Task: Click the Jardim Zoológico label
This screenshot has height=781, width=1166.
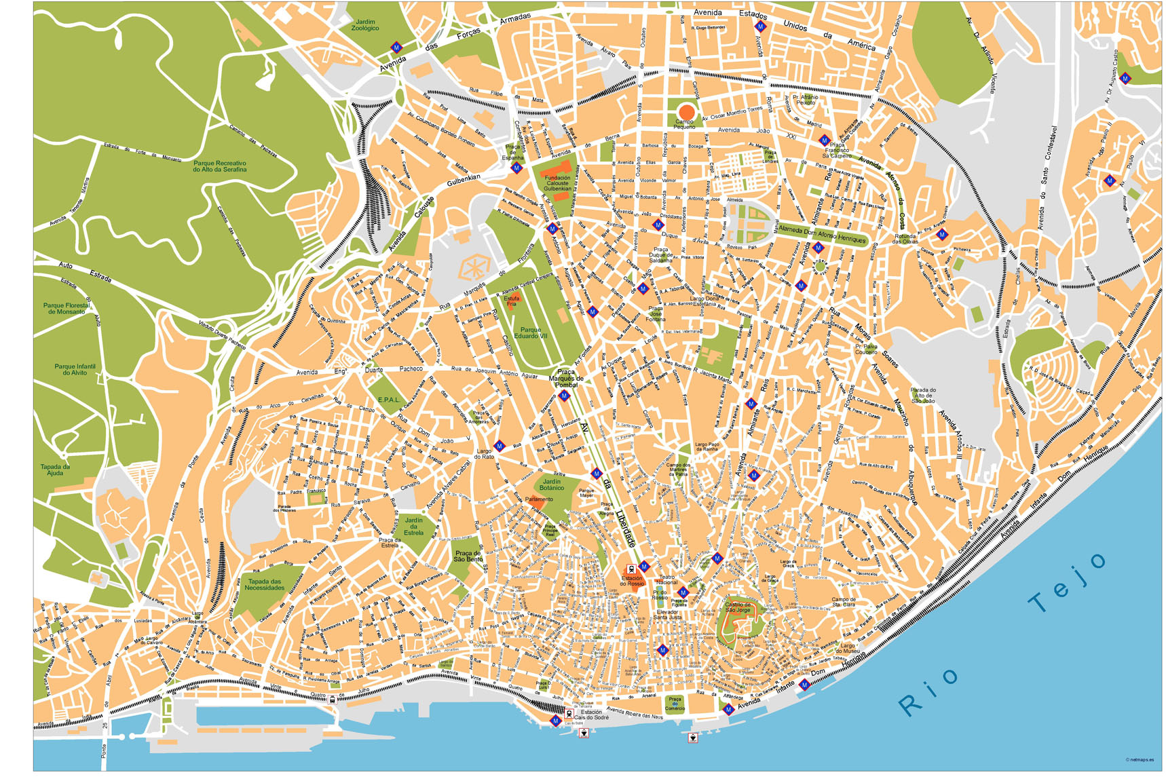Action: [x=364, y=25]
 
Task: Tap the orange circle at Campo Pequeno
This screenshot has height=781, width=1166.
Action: [x=686, y=111]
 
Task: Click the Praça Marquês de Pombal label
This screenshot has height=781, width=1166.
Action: [x=565, y=378]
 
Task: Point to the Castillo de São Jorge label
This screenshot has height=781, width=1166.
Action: [x=738, y=607]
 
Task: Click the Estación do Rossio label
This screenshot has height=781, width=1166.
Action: [x=631, y=581]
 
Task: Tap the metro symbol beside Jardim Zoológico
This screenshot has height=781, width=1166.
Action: [x=396, y=47]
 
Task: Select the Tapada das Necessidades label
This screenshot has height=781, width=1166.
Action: [x=264, y=584]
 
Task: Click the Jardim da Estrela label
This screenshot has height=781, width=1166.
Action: [x=413, y=526]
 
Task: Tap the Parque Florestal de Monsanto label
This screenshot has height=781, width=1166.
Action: [x=66, y=308]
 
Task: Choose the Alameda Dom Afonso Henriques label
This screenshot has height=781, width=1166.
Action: [x=822, y=234]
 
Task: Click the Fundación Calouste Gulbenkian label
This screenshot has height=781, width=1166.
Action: [x=557, y=183]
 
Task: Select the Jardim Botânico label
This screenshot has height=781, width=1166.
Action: [x=551, y=484]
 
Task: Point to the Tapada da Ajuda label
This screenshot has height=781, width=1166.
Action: [x=55, y=470]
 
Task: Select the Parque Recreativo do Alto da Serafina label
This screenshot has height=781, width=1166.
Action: [x=219, y=166]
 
